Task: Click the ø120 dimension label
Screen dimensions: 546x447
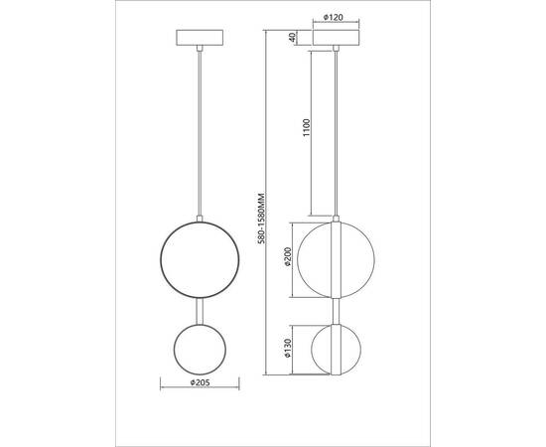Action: (x=334, y=17)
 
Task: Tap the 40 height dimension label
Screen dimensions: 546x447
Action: (x=293, y=37)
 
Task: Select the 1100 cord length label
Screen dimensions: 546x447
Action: (x=306, y=127)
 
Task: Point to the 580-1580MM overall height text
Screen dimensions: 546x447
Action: (x=262, y=218)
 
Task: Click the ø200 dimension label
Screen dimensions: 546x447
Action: (x=288, y=256)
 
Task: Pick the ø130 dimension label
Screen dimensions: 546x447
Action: (x=288, y=348)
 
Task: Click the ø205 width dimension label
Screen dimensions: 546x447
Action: (x=200, y=382)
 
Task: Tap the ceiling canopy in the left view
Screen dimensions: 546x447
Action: (x=200, y=38)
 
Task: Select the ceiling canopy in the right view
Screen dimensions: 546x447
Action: (x=336, y=38)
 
